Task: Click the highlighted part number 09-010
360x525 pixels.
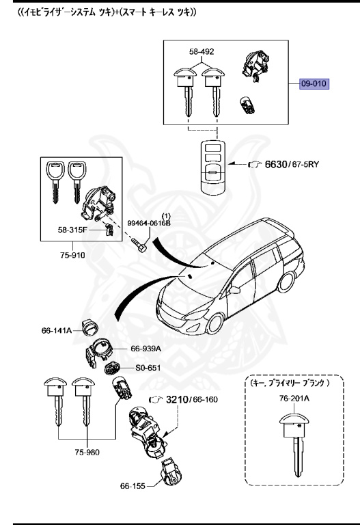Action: pos(314,85)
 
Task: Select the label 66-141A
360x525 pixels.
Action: pos(57,330)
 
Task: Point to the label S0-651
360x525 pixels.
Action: pos(147,368)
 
